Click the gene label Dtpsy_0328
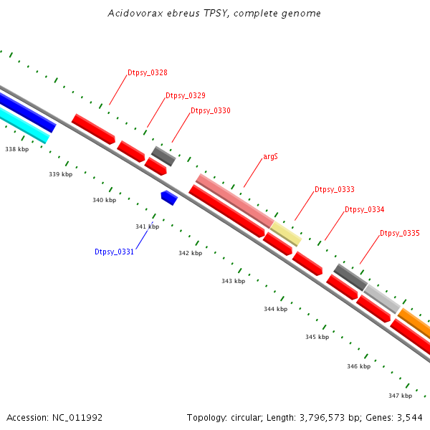[148, 72]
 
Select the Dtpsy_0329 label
[186, 95]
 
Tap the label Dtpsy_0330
[211, 110]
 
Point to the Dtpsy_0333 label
[335, 189]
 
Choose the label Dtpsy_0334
[365, 209]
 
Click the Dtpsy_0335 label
[400, 233]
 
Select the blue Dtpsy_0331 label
[115, 252]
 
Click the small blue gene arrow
[169, 197]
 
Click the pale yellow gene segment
[285, 233]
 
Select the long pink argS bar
[234, 200]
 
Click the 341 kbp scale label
[147, 226]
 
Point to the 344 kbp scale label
[275, 309]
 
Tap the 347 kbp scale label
[401, 396]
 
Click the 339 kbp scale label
[61, 174]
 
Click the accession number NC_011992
[77, 417]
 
